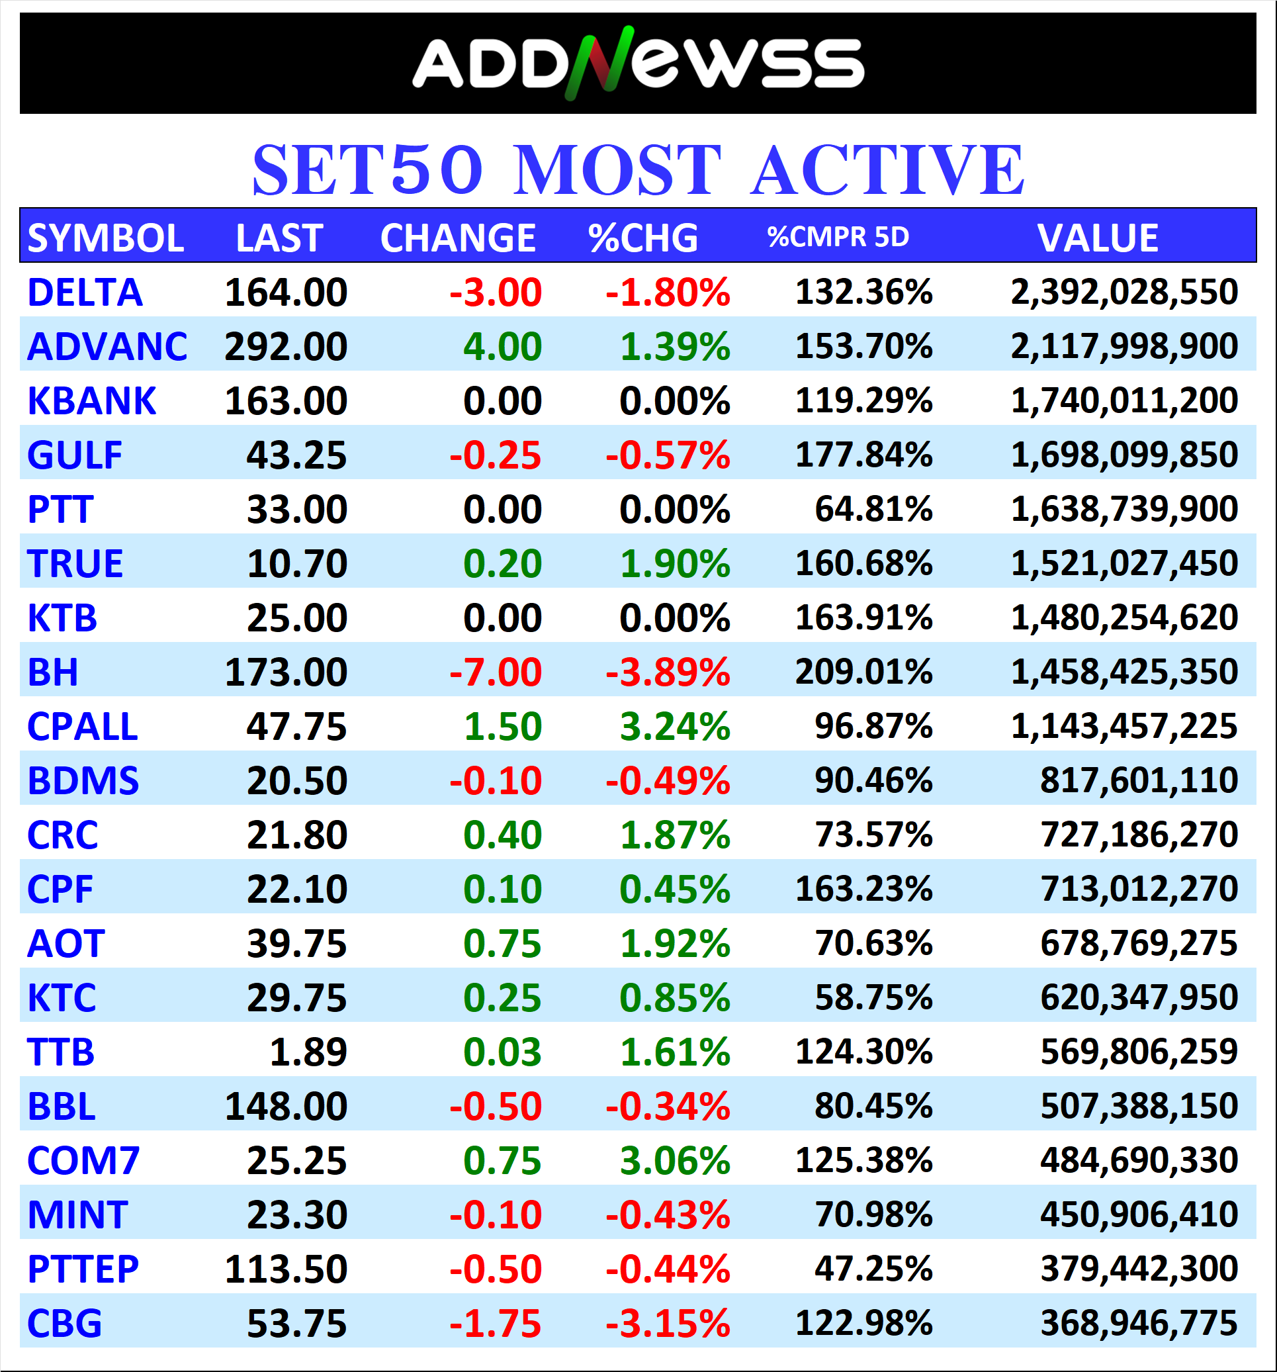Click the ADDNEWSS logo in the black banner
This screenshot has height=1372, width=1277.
pyautogui.click(x=637, y=63)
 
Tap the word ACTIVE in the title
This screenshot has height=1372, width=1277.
pyautogui.click(x=887, y=170)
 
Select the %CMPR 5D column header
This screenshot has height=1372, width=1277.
pyautogui.click(x=838, y=237)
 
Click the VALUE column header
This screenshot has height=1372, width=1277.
pyautogui.click(x=1097, y=238)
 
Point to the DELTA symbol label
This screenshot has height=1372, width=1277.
pyautogui.click(x=85, y=293)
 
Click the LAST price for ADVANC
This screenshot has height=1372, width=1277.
pyautogui.click(x=286, y=346)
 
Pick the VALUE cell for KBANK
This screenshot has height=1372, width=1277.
pyautogui.click(x=1124, y=400)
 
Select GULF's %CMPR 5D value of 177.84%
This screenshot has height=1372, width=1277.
pyautogui.click(x=863, y=455)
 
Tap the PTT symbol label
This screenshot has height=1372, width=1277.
pyautogui.click(x=60, y=510)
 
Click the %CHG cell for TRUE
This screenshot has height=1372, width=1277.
pyautogui.click(x=674, y=564)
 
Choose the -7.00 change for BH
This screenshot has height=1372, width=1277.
pyautogui.click(x=495, y=672)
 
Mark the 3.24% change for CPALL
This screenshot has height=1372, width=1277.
pyautogui.click(x=674, y=727)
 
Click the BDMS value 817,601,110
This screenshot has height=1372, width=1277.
pyautogui.click(x=1138, y=780)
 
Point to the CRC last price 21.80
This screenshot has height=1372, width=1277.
pyautogui.click(x=296, y=835)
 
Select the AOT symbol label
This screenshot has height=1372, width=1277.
pyautogui.click(x=66, y=943)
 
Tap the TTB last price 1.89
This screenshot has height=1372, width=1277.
pyautogui.click(x=308, y=1052)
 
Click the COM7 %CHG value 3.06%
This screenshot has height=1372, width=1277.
pyautogui.click(x=674, y=1161)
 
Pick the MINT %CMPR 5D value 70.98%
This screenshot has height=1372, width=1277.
pyautogui.click(x=873, y=1214)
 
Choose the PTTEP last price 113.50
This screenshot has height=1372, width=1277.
pyautogui.click(x=286, y=1269)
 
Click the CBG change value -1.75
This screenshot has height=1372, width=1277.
pyautogui.click(x=495, y=1324)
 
